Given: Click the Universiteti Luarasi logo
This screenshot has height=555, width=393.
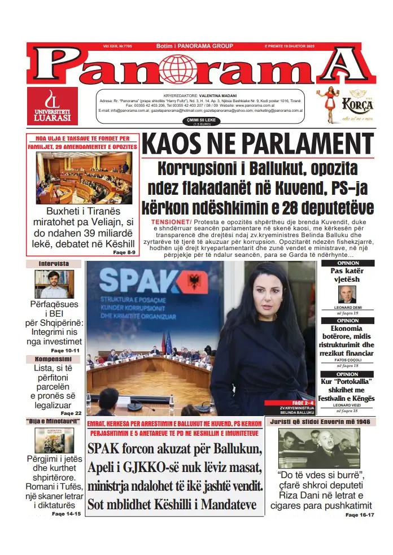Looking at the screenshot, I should point(53,106).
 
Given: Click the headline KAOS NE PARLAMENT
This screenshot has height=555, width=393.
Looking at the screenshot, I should point(258,144).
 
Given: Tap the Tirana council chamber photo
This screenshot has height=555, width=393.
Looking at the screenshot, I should point(84,178).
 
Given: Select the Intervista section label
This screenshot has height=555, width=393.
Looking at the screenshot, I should point(54,264).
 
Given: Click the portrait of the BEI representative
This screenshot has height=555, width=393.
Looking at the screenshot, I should point(54,284).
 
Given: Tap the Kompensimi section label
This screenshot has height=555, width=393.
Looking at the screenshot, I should point(54,359).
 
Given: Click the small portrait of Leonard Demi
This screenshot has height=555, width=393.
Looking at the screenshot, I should point(347,294).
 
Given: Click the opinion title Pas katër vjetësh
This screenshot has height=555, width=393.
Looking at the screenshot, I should point(347,275).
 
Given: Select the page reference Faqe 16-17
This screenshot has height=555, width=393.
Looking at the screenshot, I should point(359,515).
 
